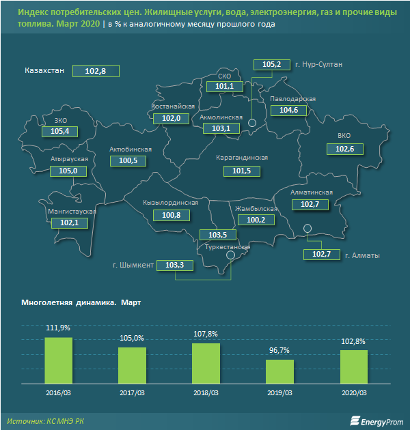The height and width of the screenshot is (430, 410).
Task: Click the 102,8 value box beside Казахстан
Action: [x=100, y=71]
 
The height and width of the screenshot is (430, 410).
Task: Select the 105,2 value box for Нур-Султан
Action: [x=271, y=65]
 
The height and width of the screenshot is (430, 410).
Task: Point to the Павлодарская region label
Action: [x=292, y=99]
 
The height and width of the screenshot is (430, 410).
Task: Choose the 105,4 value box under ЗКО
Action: [x=60, y=131]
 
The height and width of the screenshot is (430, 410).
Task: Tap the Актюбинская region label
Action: [x=130, y=149]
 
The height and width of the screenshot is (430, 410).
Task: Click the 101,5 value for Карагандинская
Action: [x=241, y=170]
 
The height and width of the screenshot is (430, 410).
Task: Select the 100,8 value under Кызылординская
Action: [x=172, y=215]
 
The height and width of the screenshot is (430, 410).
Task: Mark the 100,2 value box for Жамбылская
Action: [x=255, y=220]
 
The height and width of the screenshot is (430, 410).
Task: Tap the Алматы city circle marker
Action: [x=307, y=228]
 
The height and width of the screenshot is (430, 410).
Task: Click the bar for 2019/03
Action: [x=279, y=373]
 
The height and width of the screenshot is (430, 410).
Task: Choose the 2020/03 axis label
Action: [x=353, y=394]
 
